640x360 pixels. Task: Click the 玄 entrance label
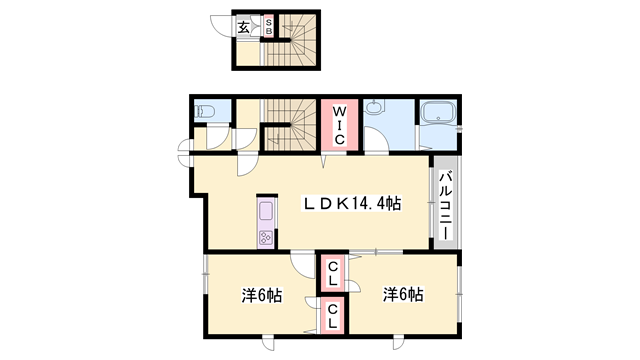click(x=244, y=28)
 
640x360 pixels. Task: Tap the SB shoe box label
click(x=268, y=26)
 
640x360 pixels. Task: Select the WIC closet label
click(x=339, y=125)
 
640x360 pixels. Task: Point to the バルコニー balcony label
click(x=445, y=205)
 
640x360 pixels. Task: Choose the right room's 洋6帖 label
click(x=402, y=295)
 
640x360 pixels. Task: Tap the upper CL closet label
click(x=333, y=271)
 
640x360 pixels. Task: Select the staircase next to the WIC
click(x=293, y=124)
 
